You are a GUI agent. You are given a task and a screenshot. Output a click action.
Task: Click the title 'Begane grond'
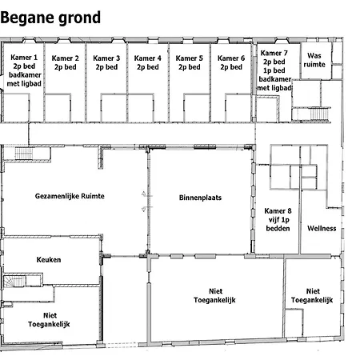(x=50, y=18)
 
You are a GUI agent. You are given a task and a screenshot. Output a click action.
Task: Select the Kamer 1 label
(x=24, y=70)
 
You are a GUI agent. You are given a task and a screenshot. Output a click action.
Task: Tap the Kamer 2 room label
(x=66, y=62)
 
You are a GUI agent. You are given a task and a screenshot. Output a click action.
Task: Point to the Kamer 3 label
(x=106, y=62)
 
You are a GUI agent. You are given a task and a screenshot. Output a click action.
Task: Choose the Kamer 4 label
(x=148, y=62)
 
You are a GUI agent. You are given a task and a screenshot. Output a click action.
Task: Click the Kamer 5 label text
(x=190, y=62)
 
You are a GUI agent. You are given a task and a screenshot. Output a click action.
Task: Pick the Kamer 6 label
(x=231, y=62)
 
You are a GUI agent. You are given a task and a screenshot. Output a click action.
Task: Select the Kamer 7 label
(x=274, y=70)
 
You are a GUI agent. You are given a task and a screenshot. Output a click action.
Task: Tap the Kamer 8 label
(x=278, y=219)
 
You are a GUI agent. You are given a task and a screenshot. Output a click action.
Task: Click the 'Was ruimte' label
(x=314, y=60)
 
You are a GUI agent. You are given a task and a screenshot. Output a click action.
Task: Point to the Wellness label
(x=322, y=228)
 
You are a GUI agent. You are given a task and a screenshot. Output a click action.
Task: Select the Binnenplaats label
(x=200, y=198)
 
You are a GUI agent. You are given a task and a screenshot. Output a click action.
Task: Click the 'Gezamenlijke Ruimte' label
(x=70, y=196)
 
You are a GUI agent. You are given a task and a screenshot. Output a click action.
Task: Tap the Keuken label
(x=49, y=259)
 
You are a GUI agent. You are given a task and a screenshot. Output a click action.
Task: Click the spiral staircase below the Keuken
(x=14, y=282)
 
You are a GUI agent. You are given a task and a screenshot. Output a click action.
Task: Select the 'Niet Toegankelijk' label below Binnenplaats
(x=214, y=295)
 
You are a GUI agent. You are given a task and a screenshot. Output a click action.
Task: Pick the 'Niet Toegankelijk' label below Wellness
(x=312, y=295)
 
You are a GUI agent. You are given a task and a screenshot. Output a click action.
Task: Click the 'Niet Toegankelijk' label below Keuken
(x=49, y=320)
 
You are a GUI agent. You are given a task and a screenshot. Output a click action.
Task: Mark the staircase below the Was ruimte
(x=319, y=114)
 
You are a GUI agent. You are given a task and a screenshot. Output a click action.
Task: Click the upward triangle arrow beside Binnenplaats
(x=144, y=194)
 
